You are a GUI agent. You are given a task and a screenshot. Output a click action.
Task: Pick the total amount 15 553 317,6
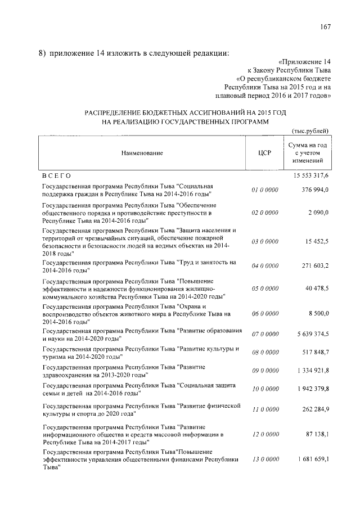[310, 177]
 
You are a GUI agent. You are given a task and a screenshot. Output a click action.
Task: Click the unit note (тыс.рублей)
[309, 131]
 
